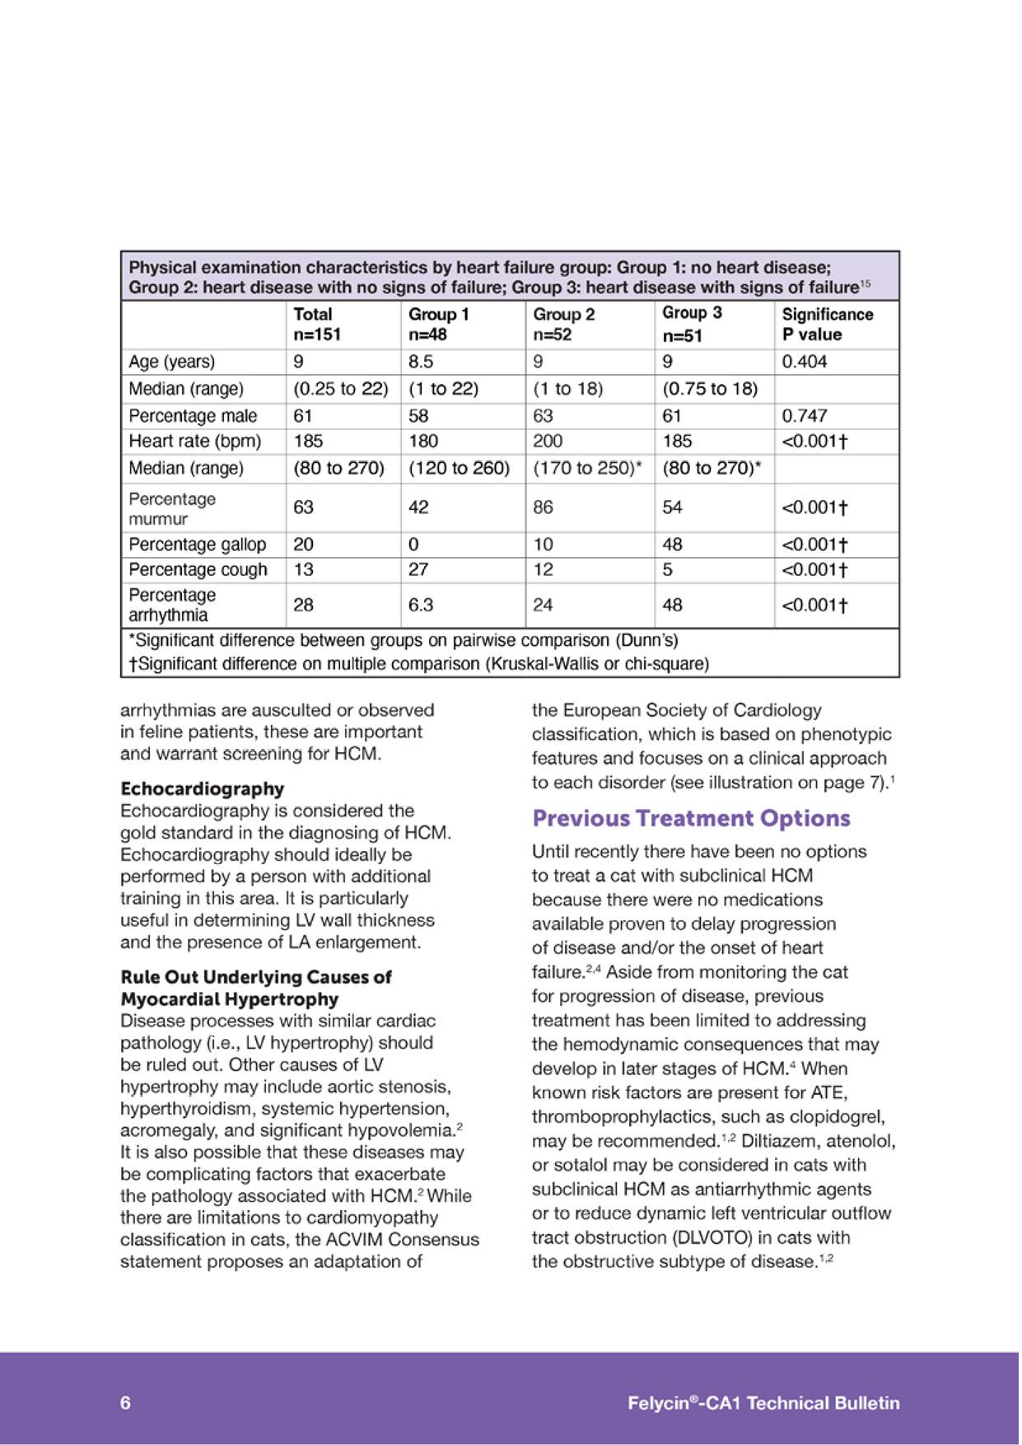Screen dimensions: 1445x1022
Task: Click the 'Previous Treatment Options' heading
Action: coord(691,819)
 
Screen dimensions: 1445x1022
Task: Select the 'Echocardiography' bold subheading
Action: coord(202,788)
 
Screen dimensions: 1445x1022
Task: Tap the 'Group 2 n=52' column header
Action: coord(564,324)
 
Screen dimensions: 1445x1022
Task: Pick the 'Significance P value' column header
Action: coord(827,324)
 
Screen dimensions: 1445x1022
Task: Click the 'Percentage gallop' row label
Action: coord(198,545)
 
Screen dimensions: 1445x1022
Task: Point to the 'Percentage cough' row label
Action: coord(198,570)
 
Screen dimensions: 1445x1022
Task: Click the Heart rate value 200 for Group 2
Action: coord(548,442)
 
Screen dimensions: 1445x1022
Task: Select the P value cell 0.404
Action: coord(805,362)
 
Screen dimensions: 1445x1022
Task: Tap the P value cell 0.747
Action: coord(805,416)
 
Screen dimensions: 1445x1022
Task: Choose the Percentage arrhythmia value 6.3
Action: coord(421,606)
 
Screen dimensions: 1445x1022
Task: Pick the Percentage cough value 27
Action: coord(418,570)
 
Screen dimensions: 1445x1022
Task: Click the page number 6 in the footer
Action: coord(125,1403)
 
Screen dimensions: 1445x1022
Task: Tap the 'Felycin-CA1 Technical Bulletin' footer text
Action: coord(763,1403)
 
